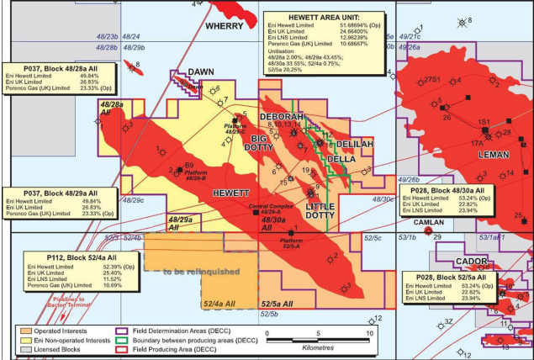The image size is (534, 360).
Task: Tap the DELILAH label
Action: (x=355, y=145)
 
